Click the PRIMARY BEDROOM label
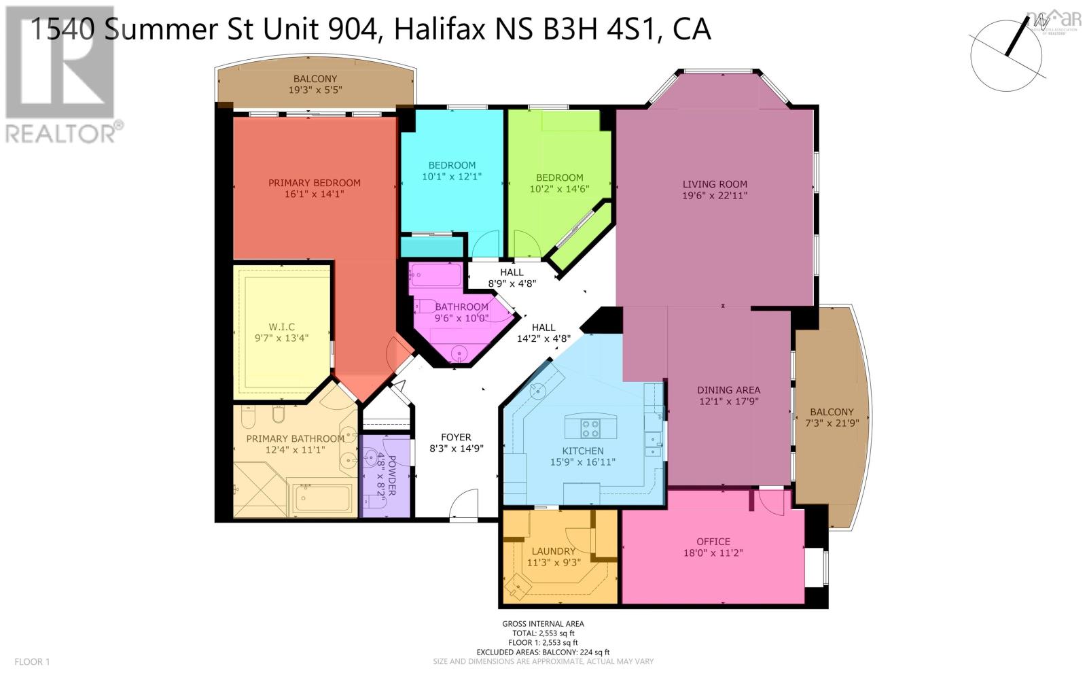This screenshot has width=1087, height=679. pos(314,183)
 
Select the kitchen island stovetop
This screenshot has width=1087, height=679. pos(590,428)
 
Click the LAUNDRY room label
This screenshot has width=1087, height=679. pos(553,551)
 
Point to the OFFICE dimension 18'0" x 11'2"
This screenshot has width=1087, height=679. pos(713,553)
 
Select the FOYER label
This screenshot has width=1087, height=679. pos(456,437)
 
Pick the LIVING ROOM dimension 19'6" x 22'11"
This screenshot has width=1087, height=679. pos(715,195)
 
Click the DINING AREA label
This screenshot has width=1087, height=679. pos(728,390)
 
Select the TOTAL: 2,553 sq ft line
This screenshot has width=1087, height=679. pos(543,633)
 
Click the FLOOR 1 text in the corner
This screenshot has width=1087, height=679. pos(32,661)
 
